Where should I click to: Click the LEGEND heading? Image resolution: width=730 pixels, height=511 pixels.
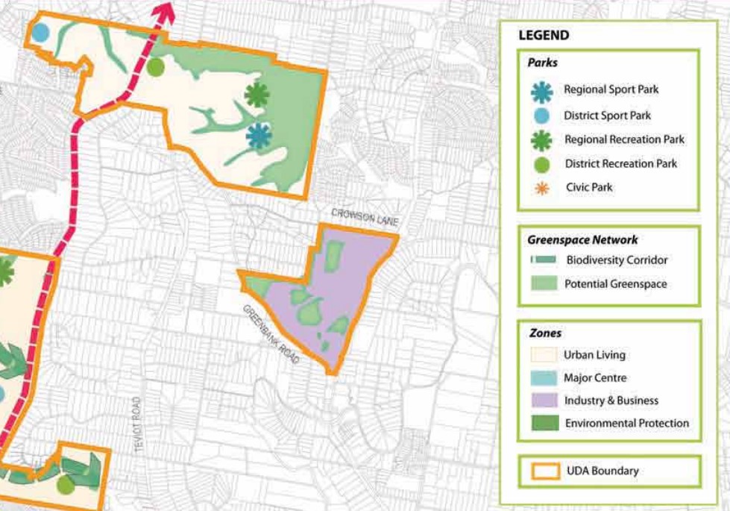click(544, 35)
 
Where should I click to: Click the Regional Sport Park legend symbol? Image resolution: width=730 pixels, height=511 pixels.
click(542, 90)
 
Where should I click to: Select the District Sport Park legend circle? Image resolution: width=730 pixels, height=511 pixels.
click(542, 116)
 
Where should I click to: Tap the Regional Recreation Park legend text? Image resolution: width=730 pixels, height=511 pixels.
click(624, 139)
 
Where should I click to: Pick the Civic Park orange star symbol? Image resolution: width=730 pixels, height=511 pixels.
click(542, 188)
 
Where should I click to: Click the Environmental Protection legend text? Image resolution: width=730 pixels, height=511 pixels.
click(626, 423)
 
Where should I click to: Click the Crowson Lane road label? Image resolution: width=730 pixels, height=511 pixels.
click(365, 216)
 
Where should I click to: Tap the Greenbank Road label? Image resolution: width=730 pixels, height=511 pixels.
click(270, 334)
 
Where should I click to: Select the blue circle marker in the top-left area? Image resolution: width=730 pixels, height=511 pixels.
click(40, 33)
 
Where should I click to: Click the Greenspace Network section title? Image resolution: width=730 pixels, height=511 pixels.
click(582, 240)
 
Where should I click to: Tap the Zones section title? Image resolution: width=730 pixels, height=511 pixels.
click(544, 333)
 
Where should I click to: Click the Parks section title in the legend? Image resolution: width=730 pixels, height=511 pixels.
click(542, 63)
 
